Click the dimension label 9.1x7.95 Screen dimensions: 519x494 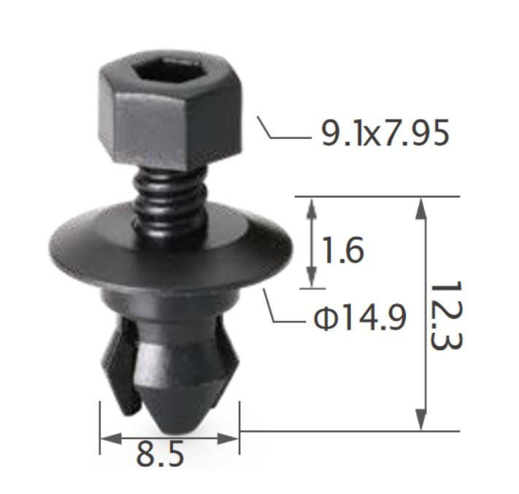pyautogui.click(x=385, y=133)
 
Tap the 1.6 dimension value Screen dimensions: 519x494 pyautogui.click(x=343, y=250)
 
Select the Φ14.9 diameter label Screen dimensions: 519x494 pyautogui.click(x=360, y=318)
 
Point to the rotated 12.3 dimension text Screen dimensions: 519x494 pyautogui.click(x=446, y=315)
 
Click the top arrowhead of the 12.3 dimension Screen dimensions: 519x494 pyautogui.click(x=421, y=208)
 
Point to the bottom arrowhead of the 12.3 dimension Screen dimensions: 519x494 pyautogui.click(x=421, y=419)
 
